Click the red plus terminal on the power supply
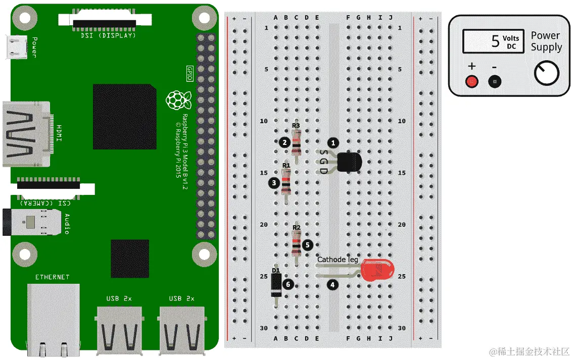(472, 81)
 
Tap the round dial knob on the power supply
(546, 74)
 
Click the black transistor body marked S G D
(349, 162)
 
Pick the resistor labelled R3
(297, 142)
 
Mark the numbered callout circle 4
(332, 285)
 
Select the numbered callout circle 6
(288, 284)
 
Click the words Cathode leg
(338, 260)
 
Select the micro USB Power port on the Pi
(16, 46)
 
